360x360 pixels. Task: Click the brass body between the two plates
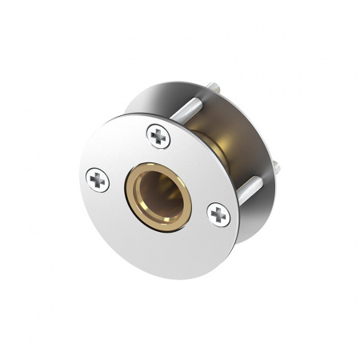pos(218,144)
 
